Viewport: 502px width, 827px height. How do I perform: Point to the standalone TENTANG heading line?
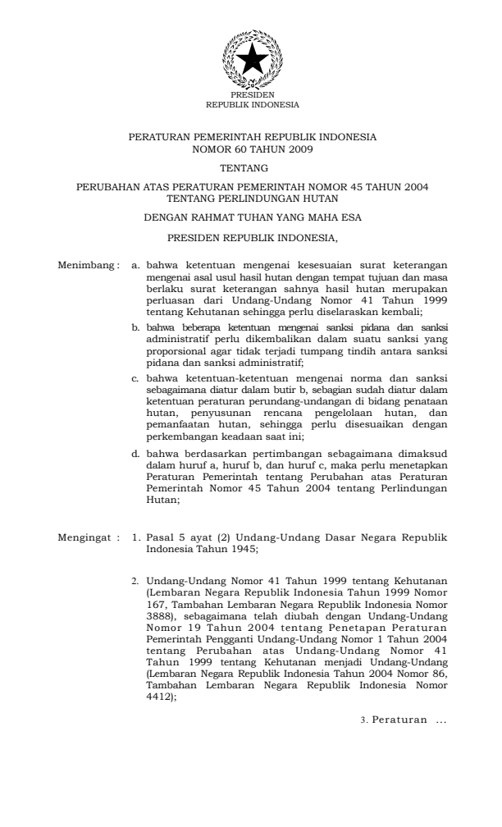253,167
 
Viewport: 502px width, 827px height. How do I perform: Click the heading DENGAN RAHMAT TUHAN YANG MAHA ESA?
253,217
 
